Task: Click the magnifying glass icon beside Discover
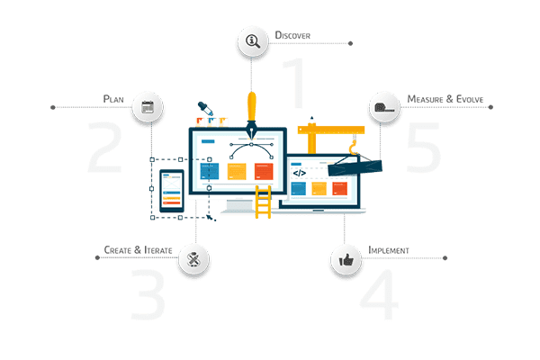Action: [x=253, y=41]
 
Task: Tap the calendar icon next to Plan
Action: [x=148, y=107]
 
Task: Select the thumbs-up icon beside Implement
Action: [x=346, y=259]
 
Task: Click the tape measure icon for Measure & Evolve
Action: [x=384, y=107]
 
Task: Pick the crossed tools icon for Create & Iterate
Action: [x=193, y=259]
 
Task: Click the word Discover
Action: [x=292, y=35]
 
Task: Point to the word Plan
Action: [x=113, y=99]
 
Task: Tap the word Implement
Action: [x=389, y=250]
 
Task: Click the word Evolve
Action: [x=470, y=99]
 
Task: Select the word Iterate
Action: [x=158, y=250]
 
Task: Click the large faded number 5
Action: [x=424, y=148]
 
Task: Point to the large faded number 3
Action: [x=148, y=294]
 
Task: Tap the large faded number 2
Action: [x=105, y=147]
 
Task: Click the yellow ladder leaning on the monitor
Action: [x=263, y=202]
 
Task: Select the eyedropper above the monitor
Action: [x=205, y=109]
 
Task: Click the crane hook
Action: [x=353, y=148]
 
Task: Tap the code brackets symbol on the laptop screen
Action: [x=300, y=173]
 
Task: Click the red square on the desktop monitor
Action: [x=264, y=172]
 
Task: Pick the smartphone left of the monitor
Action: [x=172, y=191]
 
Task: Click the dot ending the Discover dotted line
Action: [x=350, y=43]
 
